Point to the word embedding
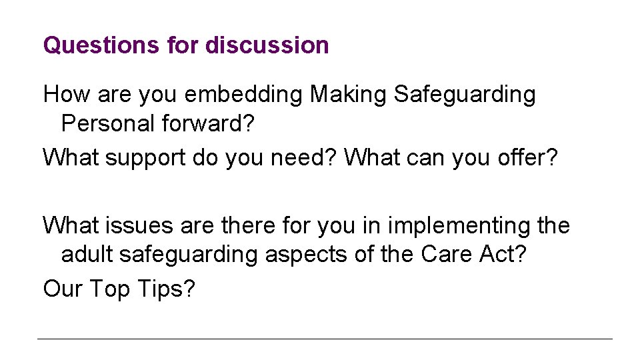click(243, 95)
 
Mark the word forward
click(204, 124)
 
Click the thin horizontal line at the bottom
click(325, 339)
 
